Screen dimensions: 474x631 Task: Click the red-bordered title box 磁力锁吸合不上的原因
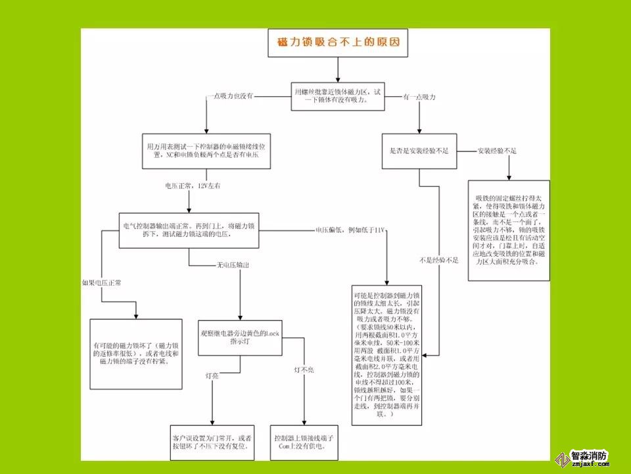[x=337, y=43]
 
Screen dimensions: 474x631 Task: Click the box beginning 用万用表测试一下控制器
[x=207, y=151]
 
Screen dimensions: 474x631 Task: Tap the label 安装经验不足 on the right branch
[x=498, y=151]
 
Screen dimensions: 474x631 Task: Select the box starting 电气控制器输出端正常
[x=189, y=230]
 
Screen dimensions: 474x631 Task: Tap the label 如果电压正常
[x=101, y=282]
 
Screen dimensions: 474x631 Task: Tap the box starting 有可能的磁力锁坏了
[x=135, y=354]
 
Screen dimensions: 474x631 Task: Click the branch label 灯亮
[x=212, y=374]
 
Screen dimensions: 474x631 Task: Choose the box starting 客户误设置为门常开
[x=212, y=442]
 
